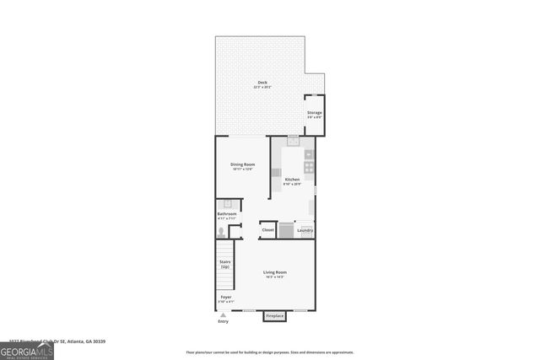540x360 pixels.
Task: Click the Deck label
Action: (262, 82)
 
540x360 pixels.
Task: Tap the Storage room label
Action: (314, 112)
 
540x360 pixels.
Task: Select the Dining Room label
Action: (243, 164)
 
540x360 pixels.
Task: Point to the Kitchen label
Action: (292, 180)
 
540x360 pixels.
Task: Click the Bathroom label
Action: (227, 214)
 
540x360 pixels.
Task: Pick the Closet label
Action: (267, 229)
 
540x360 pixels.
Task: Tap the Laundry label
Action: (305, 229)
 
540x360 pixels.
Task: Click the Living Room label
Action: (275, 272)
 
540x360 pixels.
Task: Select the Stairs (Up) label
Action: (225, 264)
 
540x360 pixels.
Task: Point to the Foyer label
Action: (226, 297)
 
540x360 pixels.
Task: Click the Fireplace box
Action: (275, 316)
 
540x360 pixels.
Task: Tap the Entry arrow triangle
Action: (223, 314)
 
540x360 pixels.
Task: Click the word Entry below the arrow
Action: (223, 321)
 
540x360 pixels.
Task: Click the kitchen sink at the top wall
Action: (293, 141)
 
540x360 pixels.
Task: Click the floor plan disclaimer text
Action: (270, 352)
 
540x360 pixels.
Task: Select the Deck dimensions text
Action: (262, 87)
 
